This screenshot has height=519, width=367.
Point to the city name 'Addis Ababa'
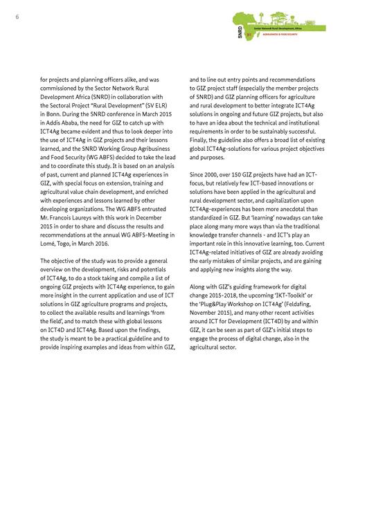tap(69, 120)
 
